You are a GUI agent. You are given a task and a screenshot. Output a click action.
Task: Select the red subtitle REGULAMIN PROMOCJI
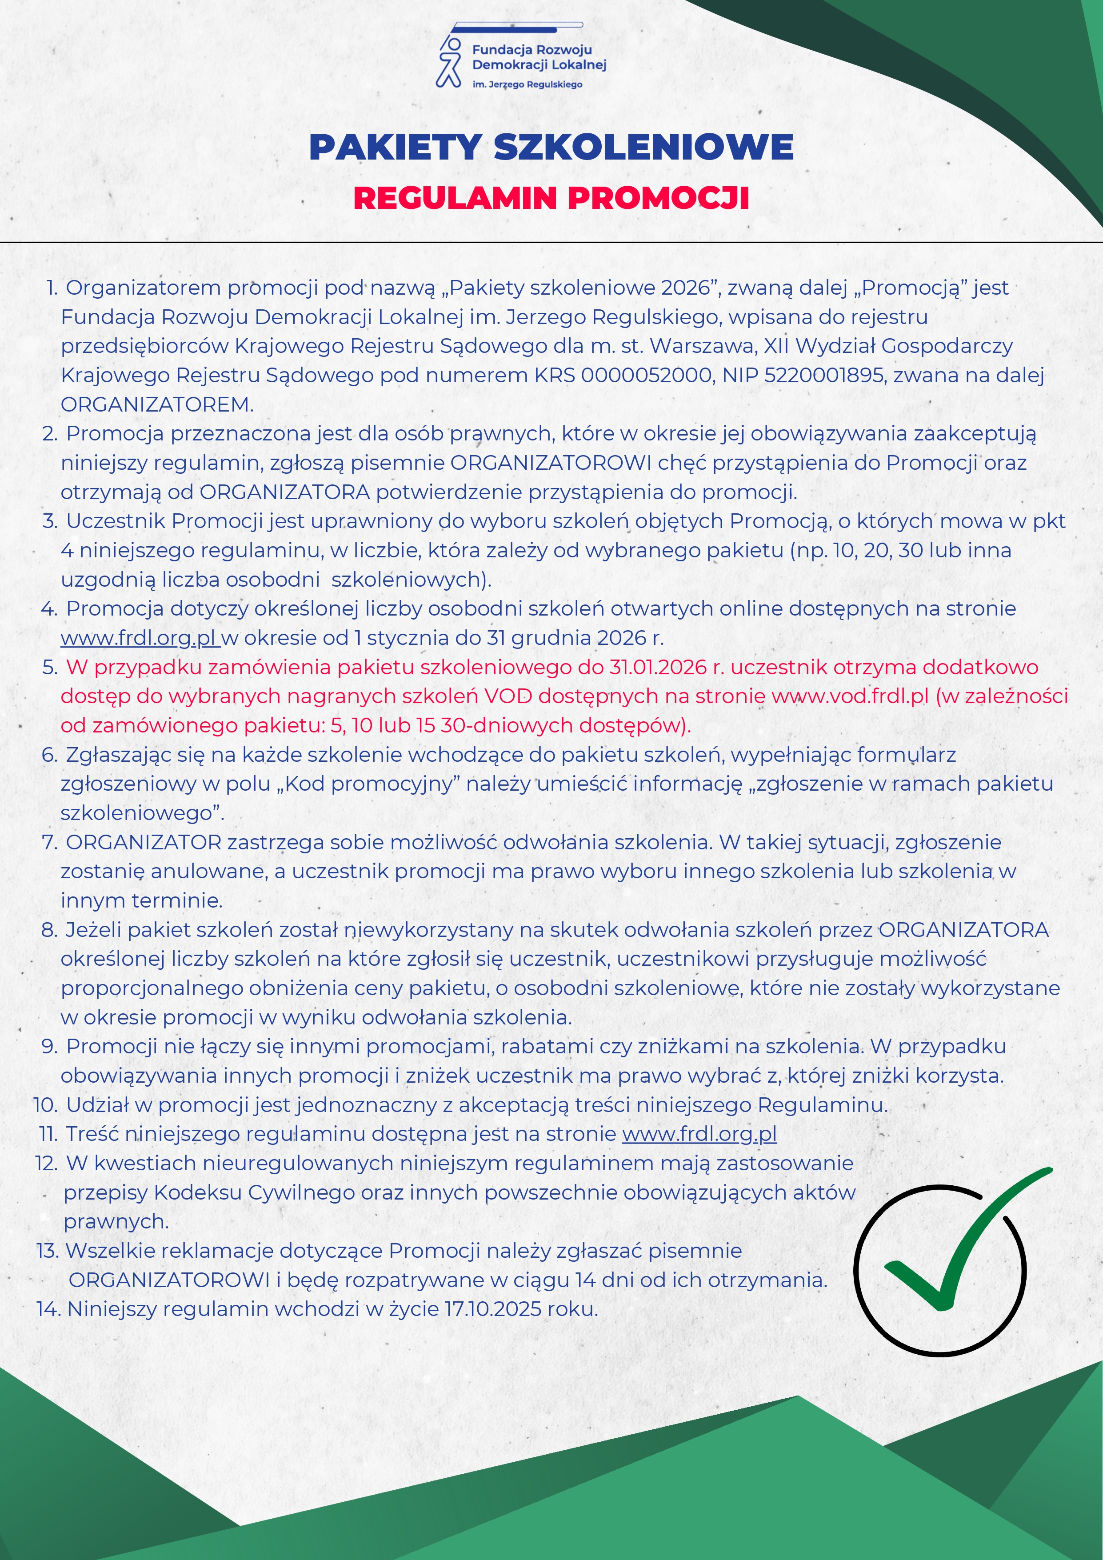(551, 198)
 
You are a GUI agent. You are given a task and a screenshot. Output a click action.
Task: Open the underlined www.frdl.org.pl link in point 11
(699, 1134)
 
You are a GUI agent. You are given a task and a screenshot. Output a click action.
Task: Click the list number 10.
(45, 1105)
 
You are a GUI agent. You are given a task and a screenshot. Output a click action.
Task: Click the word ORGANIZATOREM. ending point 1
(157, 404)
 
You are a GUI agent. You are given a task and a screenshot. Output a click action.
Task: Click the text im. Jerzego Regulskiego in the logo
(527, 84)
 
